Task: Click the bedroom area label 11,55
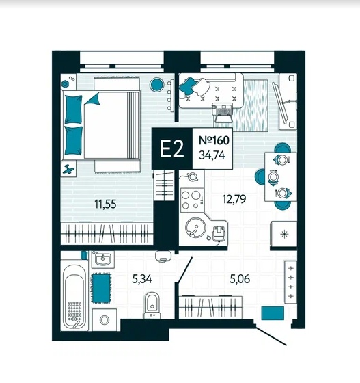click(x=105, y=204)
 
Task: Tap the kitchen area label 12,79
click(x=234, y=199)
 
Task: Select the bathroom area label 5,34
click(x=142, y=279)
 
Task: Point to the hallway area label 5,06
click(x=240, y=279)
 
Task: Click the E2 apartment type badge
click(x=172, y=148)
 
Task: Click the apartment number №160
click(x=214, y=140)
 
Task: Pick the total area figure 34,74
click(x=212, y=155)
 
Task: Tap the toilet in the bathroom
click(x=152, y=305)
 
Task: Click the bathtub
click(x=74, y=298)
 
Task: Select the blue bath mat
click(x=102, y=288)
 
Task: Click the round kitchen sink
click(x=195, y=227)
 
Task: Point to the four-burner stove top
click(x=192, y=200)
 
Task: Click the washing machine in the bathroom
click(x=105, y=320)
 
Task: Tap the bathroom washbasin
click(x=103, y=259)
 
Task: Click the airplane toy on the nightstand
click(x=68, y=169)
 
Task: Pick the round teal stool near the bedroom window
click(x=156, y=84)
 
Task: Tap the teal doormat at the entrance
click(x=273, y=313)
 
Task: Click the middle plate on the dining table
click(x=273, y=176)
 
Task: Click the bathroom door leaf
click(x=185, y=269)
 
